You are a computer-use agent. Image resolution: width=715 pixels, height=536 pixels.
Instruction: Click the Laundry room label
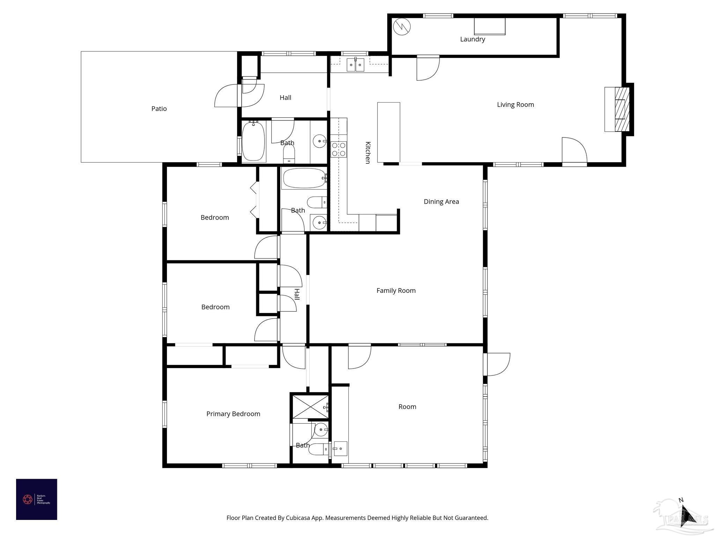[472, 39]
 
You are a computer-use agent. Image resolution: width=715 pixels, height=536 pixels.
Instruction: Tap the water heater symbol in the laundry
[401, 27]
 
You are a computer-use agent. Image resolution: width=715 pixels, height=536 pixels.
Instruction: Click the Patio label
[159, 109]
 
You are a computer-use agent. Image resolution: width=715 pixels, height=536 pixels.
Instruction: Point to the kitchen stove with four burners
[339, 149]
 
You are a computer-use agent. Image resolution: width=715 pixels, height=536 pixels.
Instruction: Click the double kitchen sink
[355, 65]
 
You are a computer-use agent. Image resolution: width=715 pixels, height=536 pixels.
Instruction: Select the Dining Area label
[441, 201]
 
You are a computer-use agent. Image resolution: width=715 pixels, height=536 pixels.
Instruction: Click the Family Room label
[396, 290]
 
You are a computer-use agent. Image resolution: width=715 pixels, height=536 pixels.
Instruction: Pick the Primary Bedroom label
[233, 414]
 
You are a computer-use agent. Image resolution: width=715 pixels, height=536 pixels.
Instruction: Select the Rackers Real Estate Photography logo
[36, 499]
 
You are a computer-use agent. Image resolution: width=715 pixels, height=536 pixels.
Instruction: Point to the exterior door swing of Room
[499, 364]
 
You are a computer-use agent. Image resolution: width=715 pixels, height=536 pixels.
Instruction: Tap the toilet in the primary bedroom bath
[318, 449]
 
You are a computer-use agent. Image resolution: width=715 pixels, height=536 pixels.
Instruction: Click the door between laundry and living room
[428, 68]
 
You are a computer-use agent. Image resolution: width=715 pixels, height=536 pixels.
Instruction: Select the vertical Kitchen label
[367, 152]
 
